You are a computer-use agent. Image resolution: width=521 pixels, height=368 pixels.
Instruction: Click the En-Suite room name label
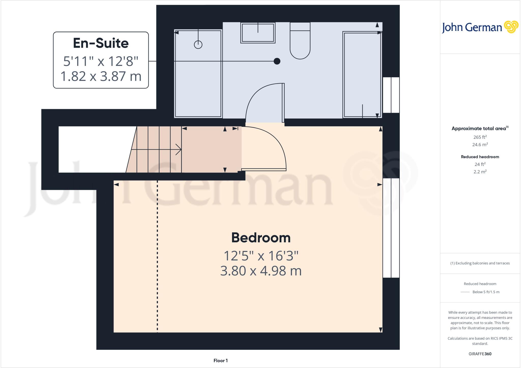pyautogui.click(x=101, y=43)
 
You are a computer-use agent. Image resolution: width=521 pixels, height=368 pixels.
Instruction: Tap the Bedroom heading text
pyautogui.click(x=261, y=238)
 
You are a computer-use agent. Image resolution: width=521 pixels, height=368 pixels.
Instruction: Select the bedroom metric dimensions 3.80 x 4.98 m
pyautogui.click(x=261, y=271)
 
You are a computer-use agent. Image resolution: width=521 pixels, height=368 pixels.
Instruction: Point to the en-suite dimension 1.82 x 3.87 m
pyautogui.click(x=101, y=76)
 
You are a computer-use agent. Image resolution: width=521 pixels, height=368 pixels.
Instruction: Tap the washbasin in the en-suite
pyautogui.click(x=258, y=33)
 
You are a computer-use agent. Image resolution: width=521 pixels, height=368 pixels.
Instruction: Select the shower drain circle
pyautogui.click(x=198, y=45)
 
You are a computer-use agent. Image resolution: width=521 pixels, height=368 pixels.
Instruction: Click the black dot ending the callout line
pyautogui.click(x=277, y=61)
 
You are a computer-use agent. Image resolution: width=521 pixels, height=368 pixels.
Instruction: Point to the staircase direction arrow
pyautogui.click(x=178, y=150)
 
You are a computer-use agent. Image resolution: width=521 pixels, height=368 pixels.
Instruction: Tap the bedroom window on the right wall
pyautogui.click(x=391, y=228)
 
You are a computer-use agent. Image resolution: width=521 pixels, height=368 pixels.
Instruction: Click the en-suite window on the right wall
pyautogui.click(x=391, y=95)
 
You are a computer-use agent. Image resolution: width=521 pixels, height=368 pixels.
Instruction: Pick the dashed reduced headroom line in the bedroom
pyautogui.click(x=157, y=254)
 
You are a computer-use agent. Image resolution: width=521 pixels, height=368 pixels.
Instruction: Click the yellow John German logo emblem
pyautogui.click(x=511, y=27)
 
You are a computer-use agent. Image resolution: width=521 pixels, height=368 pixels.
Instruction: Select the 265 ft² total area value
pyautogui.click(x=480, y=137)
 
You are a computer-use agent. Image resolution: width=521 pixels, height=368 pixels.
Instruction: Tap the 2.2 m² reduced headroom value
pyautogui.click(x=480, y=172)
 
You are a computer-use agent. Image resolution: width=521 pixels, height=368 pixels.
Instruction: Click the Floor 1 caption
pyautogui.click(x=221, y=361)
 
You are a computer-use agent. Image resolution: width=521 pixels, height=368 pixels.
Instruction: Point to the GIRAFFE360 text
pyautogui.click(x=480, y=354)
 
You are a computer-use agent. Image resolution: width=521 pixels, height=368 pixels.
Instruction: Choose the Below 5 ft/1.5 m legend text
pyautogui.click(x=486, y=292)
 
